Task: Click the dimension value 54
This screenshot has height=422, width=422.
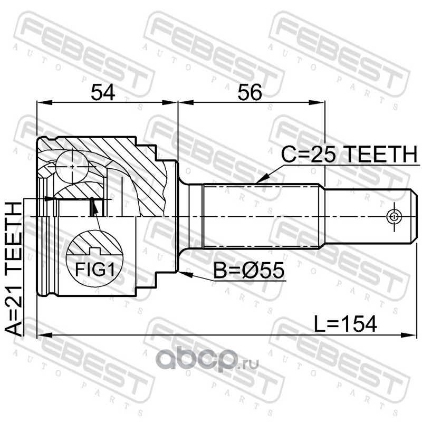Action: point(103,92)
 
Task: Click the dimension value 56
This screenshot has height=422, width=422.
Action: point(250,92)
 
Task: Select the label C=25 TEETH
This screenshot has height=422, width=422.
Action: point(349,154)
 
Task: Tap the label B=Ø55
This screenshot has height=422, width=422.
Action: point(248,270)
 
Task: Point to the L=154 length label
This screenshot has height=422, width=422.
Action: point(346,324)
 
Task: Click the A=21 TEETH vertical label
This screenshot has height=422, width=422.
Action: point(13,270)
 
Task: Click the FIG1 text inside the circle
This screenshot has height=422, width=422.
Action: point(95,270)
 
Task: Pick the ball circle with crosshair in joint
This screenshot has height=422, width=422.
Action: point(72,167)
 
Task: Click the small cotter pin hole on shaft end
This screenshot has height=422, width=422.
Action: point(394,216)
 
